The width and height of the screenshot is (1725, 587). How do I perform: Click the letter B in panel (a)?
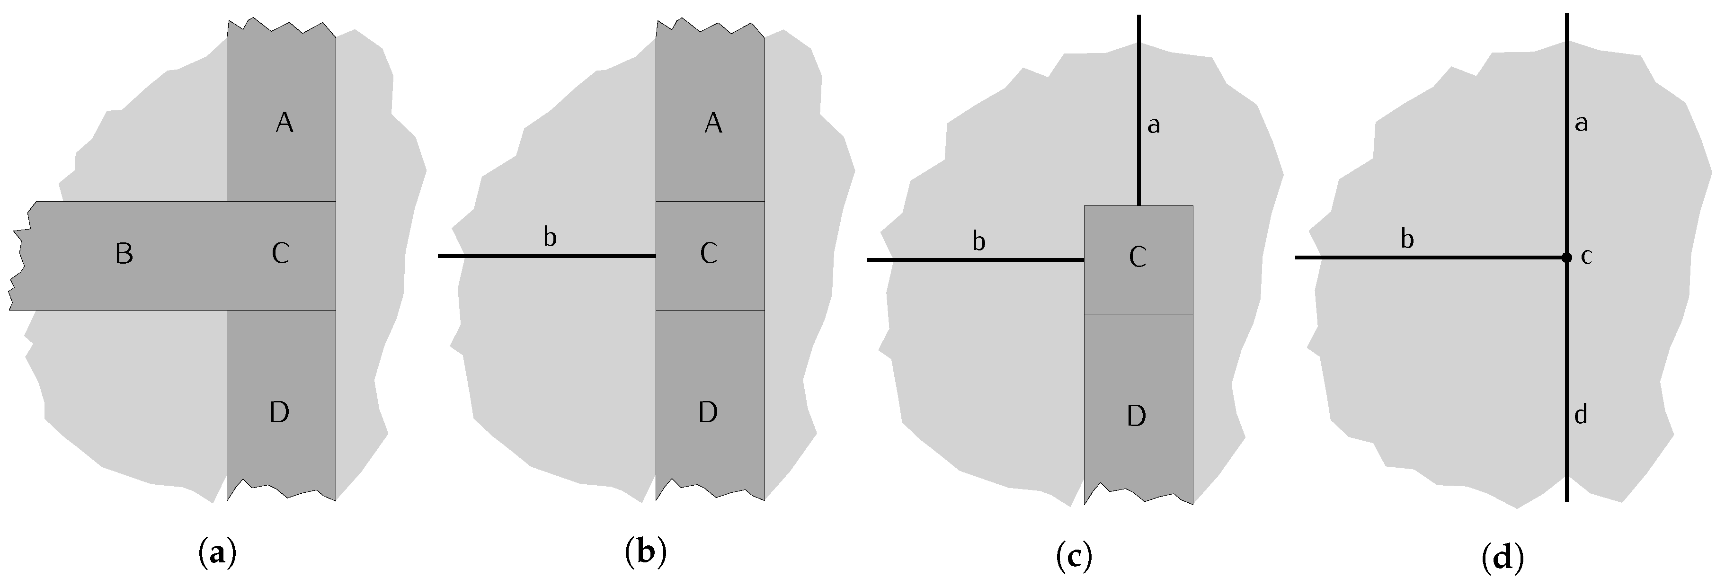pos(124,254)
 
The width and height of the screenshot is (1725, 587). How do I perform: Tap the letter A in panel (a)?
pos(285,123)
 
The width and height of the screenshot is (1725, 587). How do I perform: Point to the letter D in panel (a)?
pos(279,413)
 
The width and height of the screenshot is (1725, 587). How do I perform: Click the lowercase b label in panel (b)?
pos(550,237)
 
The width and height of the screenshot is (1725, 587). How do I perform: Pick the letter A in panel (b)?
pos(713,123)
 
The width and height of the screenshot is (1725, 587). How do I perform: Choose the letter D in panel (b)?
pos(708,413)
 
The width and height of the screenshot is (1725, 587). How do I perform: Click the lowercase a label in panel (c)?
pos(1154,125)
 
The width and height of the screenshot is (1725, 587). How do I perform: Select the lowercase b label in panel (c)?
pos(978,241)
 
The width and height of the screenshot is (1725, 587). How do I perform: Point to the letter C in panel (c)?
pos(1137,258)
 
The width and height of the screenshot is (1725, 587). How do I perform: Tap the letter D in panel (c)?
pos(1137,416)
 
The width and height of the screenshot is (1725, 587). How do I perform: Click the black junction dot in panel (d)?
pos(1566,258)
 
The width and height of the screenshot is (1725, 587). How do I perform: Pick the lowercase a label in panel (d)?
pos(1582,124)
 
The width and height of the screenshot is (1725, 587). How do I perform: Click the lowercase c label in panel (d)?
pos(1586,257)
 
